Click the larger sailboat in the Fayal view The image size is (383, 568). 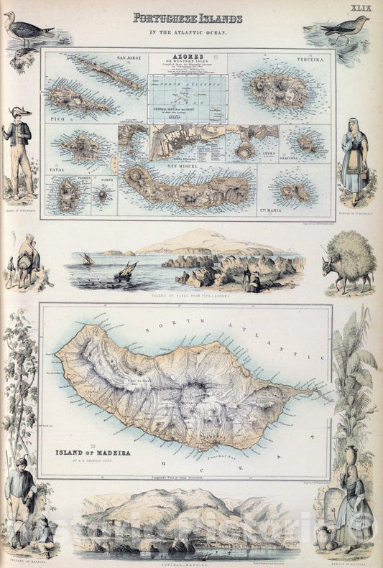click(125, 271)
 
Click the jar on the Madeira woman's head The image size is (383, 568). click(351, 457)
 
